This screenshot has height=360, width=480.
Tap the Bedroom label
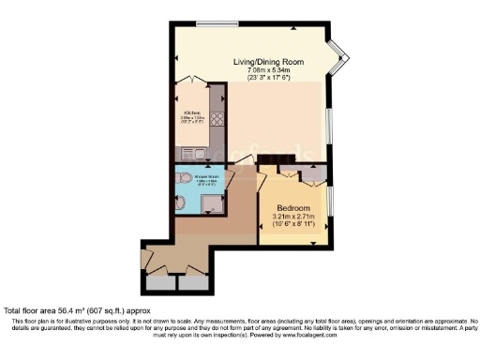pos(292,208)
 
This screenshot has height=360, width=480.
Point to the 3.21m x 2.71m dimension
pos(292,217)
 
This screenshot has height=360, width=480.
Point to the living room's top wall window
pos(217,22)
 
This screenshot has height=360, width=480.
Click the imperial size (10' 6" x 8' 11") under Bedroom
pos(292,226)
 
